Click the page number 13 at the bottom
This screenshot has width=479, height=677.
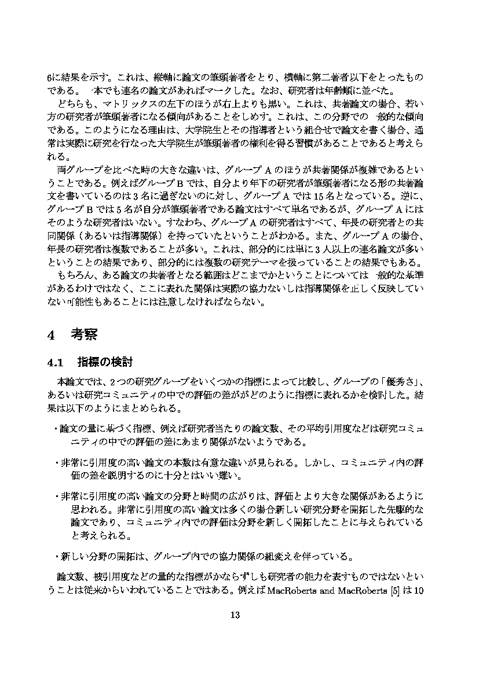[x=235, y=615]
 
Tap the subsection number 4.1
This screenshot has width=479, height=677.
[x=58, y=363]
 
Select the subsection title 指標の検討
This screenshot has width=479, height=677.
[x=105, y=363]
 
